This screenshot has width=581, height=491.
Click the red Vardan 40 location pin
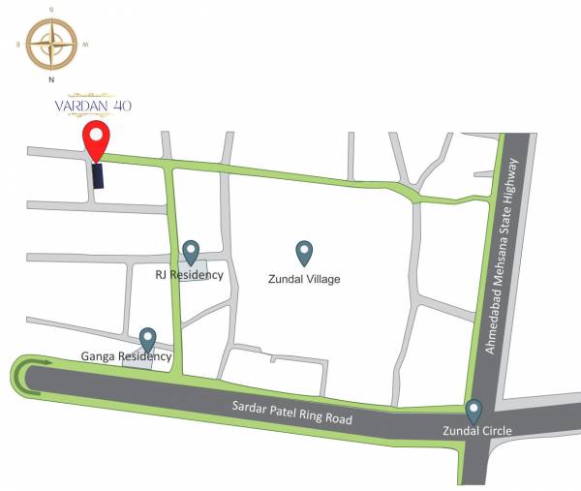tap(95, 141)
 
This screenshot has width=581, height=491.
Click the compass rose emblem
tap(51, 44)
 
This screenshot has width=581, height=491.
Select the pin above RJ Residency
tap(191, 252)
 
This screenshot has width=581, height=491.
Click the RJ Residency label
tap(190, 275)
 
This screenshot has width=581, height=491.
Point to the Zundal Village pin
tap(304, 253)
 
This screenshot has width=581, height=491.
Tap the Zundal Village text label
tap(303, 279)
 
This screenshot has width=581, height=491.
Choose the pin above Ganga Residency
tap(148, 339)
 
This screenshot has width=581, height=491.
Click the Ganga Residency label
tap(127, 356)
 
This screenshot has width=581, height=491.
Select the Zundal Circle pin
tap(474, 411)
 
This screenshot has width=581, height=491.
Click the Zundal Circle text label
tap(477, 430)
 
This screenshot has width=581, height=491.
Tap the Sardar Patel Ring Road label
tap(291, 409)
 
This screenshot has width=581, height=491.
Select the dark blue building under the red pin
tap(98, 176)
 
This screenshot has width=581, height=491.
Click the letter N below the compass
tap(51, 80)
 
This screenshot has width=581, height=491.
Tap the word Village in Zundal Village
tap(322, 279)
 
